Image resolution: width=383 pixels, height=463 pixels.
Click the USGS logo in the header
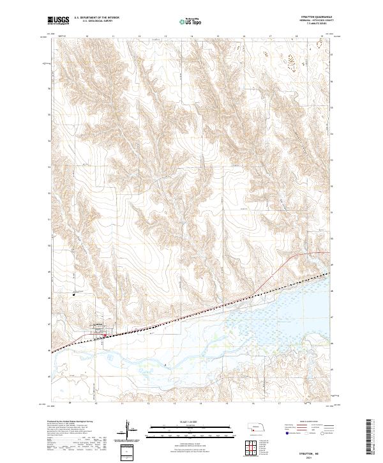58,20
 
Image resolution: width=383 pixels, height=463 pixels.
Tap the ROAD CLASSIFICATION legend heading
304,422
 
